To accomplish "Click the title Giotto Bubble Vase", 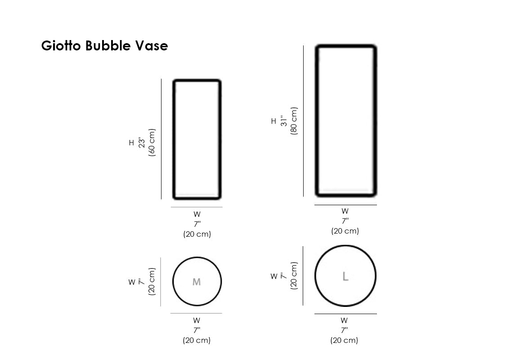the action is [x=104, y=45].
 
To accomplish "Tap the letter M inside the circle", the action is [x=197, y=282].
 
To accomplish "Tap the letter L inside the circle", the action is [x=345, y=276].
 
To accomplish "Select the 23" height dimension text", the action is [x=141, y=143].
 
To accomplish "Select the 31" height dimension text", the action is [x=284, y=121].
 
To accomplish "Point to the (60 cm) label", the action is [x=152, y=143].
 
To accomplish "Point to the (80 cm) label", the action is [x=294, y=121].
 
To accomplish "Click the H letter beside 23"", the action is [x=131, y=143].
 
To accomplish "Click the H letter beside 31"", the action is [x=273, y=121].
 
